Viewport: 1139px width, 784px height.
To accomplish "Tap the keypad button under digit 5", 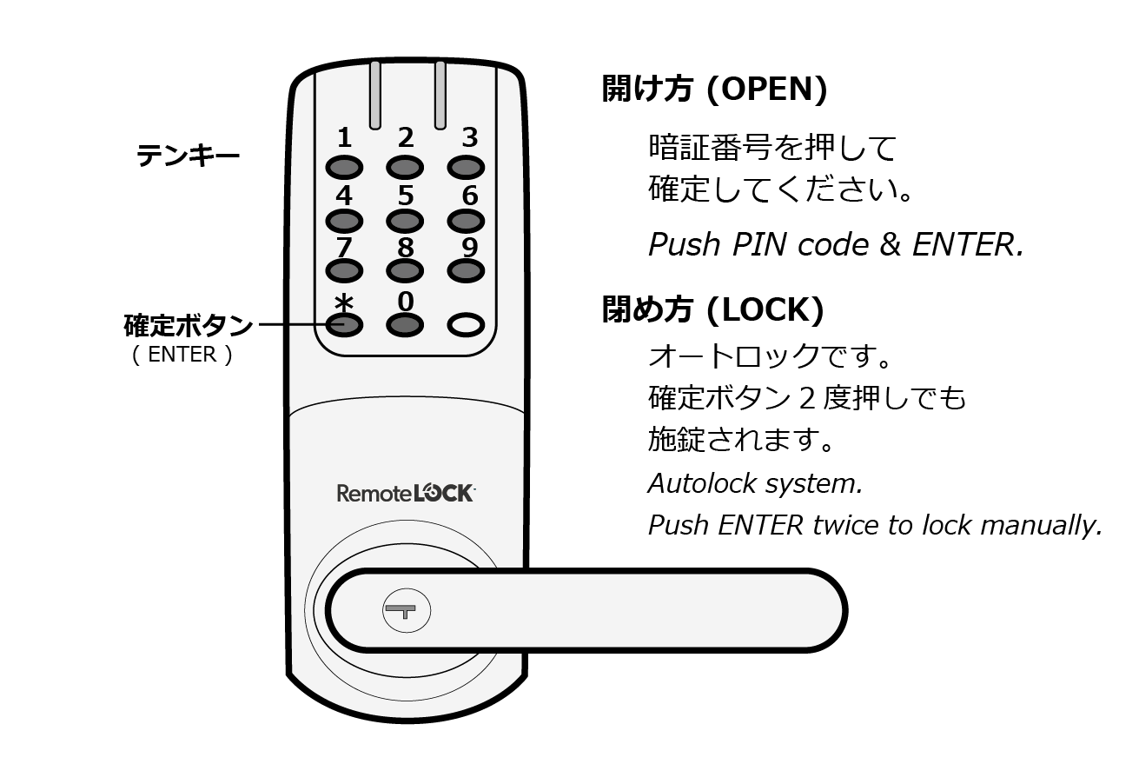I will [x=405, y=221].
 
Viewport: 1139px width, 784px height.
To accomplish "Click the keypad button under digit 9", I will [x=467, y=271].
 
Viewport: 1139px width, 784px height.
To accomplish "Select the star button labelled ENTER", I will [x=344, y=325].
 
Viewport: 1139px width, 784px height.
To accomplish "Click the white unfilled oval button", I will [x=467, y=325].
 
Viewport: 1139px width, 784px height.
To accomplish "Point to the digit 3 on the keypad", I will [x=469, y=137].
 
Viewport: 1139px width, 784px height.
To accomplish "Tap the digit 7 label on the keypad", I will [x=344, y=247].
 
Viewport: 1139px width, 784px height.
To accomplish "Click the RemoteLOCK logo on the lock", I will [x=405, y=493].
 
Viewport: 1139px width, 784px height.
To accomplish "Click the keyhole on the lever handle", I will [x=406, y=611].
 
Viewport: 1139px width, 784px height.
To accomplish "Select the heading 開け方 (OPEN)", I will [x=714, y=89].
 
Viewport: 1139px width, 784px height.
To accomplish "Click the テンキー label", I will [x=188, y=156].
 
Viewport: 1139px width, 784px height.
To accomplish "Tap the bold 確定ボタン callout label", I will [x=188, y=326].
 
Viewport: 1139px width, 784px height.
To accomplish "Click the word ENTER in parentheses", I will [x=182, y=355].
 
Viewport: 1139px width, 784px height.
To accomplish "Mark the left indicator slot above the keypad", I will [x=374, y=94].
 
